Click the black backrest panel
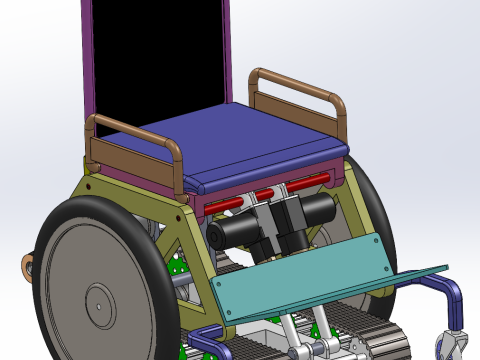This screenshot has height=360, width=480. point(160,55)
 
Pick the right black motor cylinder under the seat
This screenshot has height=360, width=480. point(315,210)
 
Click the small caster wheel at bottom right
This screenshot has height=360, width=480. point(455,346)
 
